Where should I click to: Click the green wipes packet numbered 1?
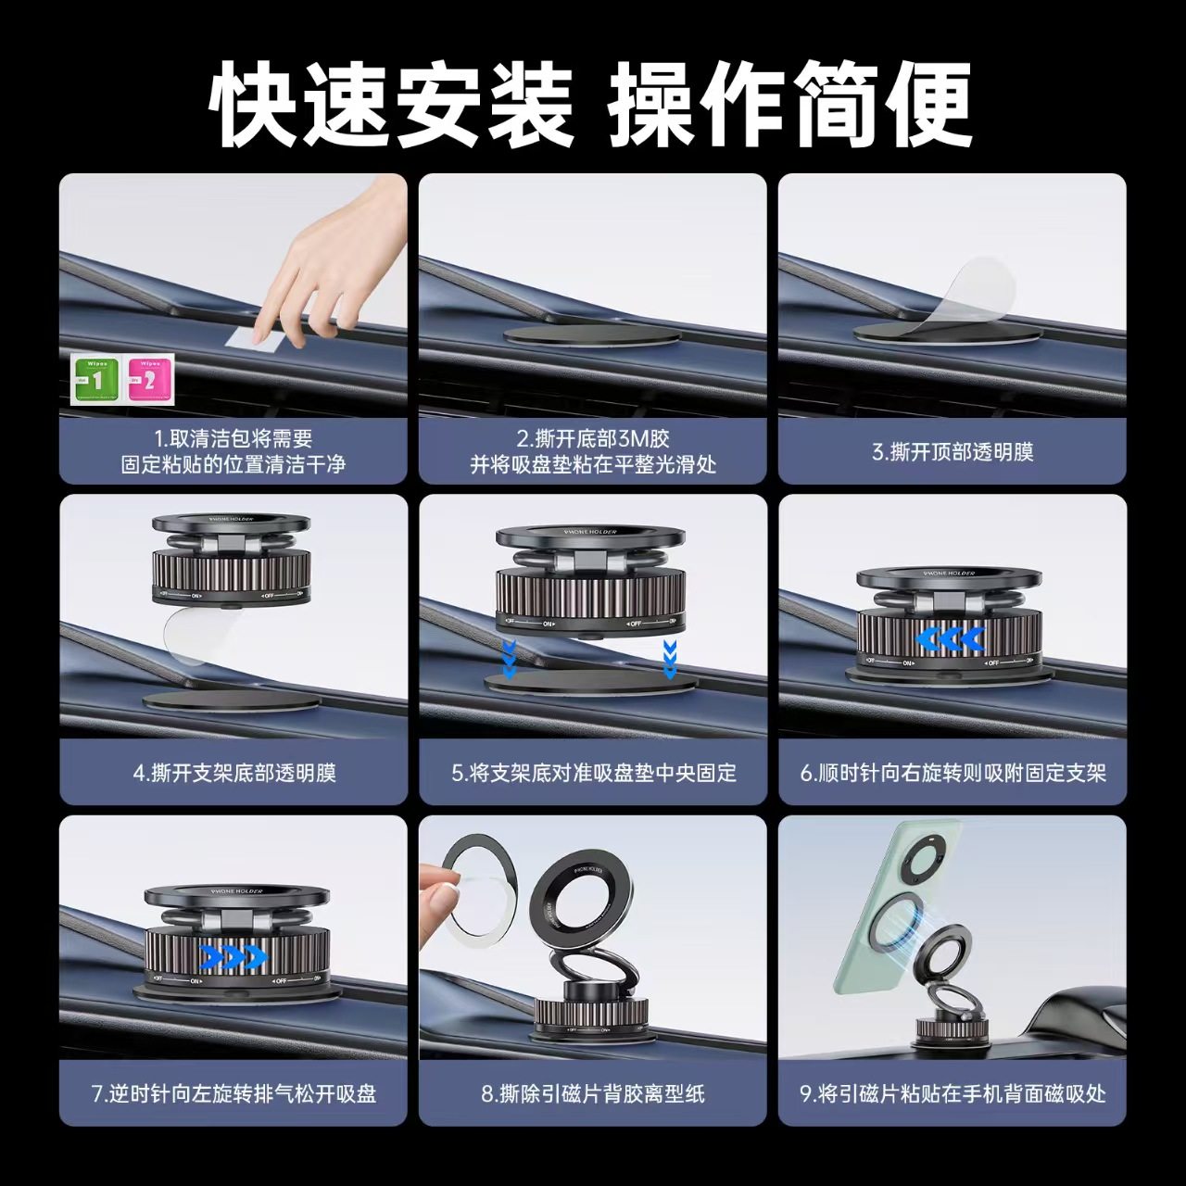96,379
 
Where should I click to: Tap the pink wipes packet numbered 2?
148,379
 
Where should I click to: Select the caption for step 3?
952,452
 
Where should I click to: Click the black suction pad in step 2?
592,335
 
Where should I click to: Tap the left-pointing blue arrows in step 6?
950,639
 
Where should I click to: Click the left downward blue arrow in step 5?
509,658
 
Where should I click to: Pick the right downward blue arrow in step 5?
670,658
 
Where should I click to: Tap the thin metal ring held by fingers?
472,889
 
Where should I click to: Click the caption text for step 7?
233,1093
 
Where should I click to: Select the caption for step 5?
593,773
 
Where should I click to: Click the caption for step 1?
233,451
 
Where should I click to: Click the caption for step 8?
593,1093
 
